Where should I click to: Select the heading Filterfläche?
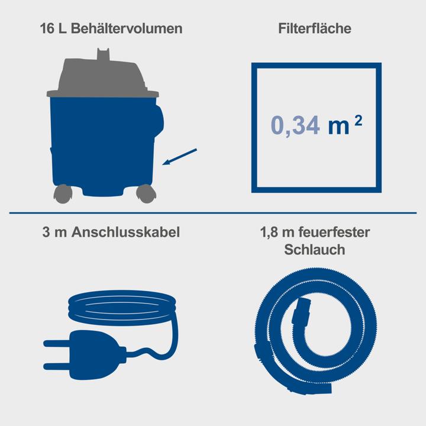point(314,28)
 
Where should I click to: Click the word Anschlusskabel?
point(125,233)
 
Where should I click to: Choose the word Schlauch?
point(315,250)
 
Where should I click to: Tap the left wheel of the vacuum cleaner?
point(61,193)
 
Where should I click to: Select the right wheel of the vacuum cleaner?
point(145,193)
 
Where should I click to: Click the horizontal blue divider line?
point(213,212)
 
